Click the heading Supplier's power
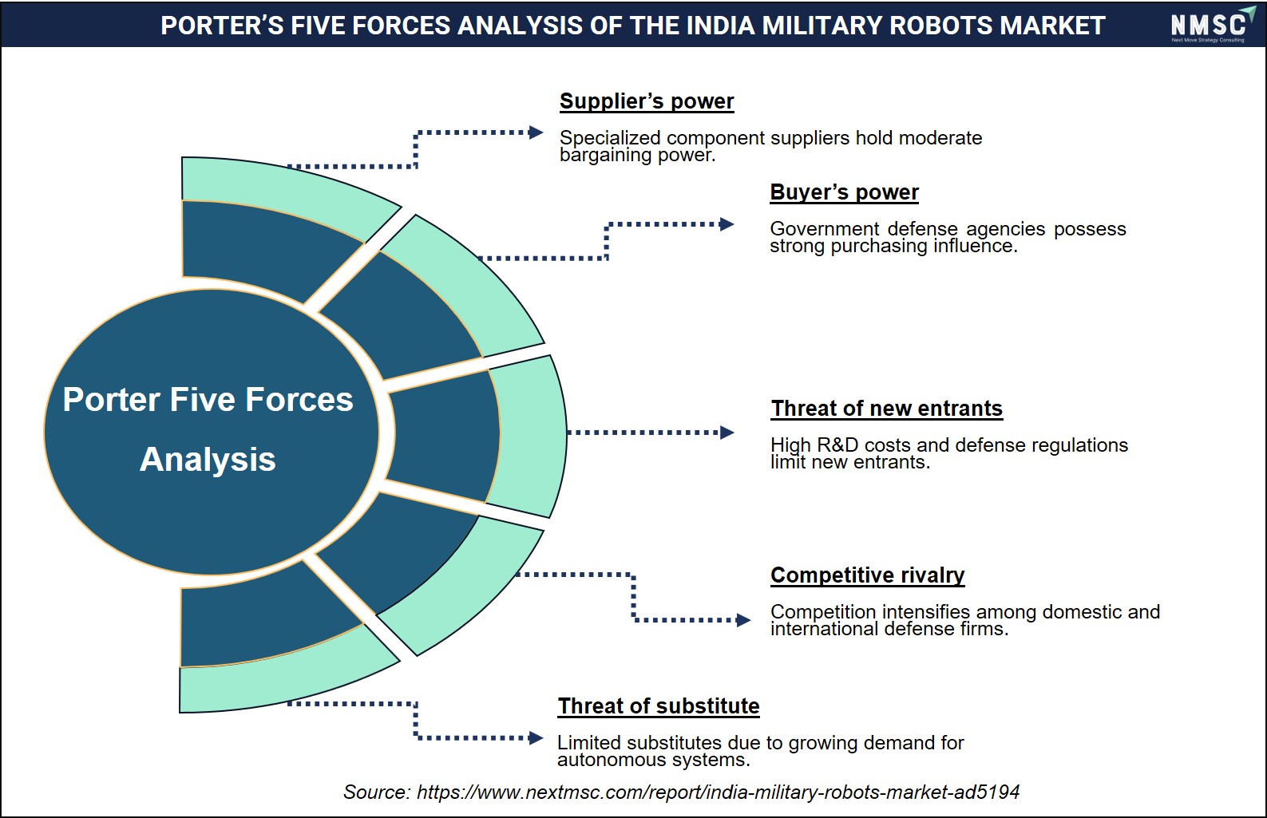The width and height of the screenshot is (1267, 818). [x=647, y=101]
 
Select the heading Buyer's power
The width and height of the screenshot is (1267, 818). [x=844, y=192]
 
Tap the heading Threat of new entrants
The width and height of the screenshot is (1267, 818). [x=886, y=408]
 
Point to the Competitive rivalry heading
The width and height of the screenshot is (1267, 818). [x=867, y=575]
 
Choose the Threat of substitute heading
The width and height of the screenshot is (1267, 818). [x=659, y=706]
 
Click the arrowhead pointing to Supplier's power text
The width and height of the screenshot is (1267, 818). [x=536, y=132]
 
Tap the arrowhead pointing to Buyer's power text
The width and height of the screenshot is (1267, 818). [x=727, y=224]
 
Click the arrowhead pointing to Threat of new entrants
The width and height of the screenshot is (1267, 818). [x=727, y=433]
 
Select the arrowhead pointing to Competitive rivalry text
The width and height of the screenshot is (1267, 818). [x=744, y=620]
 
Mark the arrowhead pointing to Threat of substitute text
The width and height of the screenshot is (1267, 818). [x=536, y=737]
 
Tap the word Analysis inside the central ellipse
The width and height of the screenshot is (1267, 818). [x=208, y=459]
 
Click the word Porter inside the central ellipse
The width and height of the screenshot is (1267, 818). [x=112, y=400]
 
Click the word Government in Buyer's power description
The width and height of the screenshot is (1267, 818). [x=824, y=228]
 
